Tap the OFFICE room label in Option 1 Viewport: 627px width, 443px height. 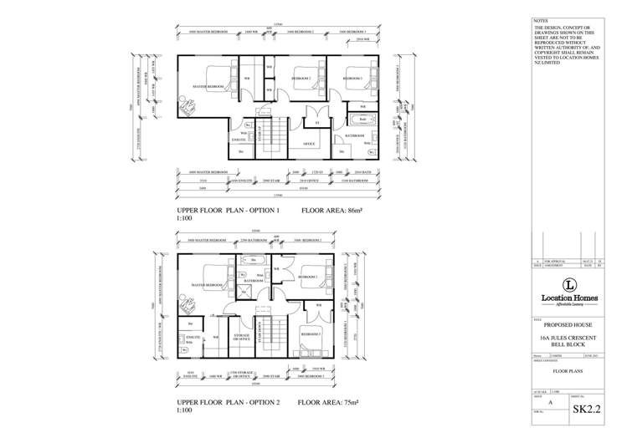309,143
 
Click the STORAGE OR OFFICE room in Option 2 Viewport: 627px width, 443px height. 242,337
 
